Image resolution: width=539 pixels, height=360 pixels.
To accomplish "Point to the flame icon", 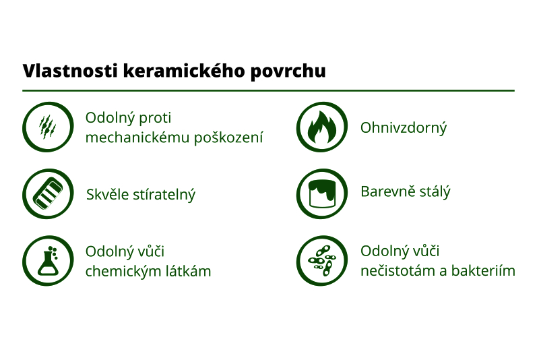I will [x=322, y=127].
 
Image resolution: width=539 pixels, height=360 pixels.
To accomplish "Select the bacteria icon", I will [x=322, y=261].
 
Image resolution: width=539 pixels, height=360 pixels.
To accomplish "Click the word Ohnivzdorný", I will [x=404, y=127].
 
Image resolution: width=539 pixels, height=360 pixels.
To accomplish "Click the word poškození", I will [x=228, y=138].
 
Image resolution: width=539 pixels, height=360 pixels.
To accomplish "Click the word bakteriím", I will [x=484, y=271].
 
